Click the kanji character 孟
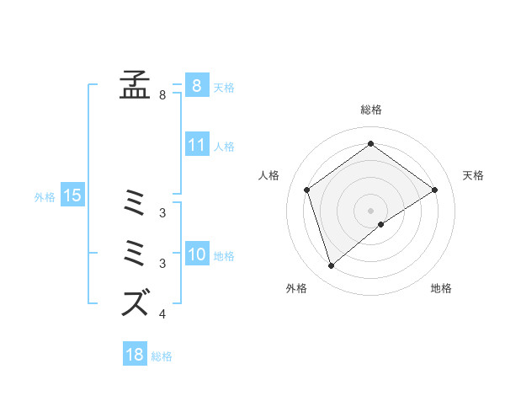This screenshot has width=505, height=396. (x=135, y=85)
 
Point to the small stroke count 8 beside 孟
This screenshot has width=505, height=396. (x=162, y=95)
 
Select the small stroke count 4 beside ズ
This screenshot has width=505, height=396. (x=162, y=315)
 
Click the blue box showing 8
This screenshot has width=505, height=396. (x=196, y=86)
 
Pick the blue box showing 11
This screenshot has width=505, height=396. (x=196, y=145)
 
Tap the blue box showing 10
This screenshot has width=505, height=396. (x=196, y=254)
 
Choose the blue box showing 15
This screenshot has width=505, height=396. (x=72, y=196)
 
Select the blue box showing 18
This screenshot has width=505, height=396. (x=135, y=355)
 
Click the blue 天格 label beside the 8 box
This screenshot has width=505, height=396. (x=224, y=87)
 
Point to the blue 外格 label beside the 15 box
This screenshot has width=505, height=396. (x=45, y=197)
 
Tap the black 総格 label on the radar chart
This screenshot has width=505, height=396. (x=371, y=110)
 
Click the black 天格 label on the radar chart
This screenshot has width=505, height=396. (x=473, y=175)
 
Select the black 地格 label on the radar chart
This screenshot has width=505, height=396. (x=441, y=288)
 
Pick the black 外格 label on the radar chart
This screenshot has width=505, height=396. (x=296, y=288)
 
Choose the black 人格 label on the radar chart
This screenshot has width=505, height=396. (x=268, y=175)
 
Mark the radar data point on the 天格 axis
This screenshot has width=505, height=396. (x=435, y=190)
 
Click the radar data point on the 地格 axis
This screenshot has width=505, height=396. (x=381, y=224)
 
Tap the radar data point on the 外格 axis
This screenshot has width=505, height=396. (x=332, y=266)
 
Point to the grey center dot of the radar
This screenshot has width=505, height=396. (x=371, y=210)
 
